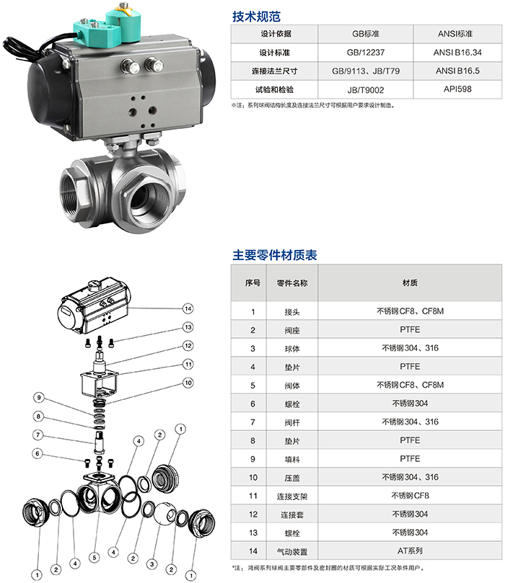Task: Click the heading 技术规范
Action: click(x=256, y=17)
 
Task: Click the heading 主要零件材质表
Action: click(x=275, y=255)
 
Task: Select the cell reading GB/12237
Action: click(x=366, y=53)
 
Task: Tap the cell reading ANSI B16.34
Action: click(x=457, y=53)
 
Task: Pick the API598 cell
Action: click(x=457, y=89)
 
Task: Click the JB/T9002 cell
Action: click(x=366, y=90)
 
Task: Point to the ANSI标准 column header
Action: click(x=455, y=34)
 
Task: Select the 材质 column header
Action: click(x=410, y=283)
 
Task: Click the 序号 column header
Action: click(x=252, y=283)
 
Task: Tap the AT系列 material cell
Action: click(x=410, y=551)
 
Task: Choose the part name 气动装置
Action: click(x=292, y=552)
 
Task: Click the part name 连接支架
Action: click(x=292, y=497)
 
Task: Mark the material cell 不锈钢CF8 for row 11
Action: click(x=410, y=496)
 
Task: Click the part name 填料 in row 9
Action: click(x=292, y=460)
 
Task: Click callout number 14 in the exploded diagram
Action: click(x=188, y=308)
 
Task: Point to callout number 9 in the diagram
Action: click(x=39, y=398)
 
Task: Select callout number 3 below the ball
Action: click(x=151, y=564)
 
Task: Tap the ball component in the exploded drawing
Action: click(x=164, y=514)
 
